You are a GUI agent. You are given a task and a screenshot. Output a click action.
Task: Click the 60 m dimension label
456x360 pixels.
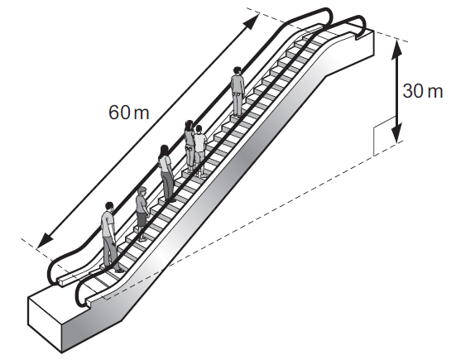[129, 113]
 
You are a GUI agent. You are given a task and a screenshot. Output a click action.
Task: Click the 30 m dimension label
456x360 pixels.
[423, 91]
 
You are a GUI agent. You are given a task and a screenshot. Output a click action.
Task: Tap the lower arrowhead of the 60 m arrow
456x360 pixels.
[45, 240]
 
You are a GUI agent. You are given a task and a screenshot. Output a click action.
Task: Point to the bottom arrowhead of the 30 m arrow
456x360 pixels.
[397, 133]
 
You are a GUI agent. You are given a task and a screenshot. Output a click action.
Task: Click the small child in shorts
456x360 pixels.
[142, 214]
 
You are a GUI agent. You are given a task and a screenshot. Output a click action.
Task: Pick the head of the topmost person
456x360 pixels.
[238, 71]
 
